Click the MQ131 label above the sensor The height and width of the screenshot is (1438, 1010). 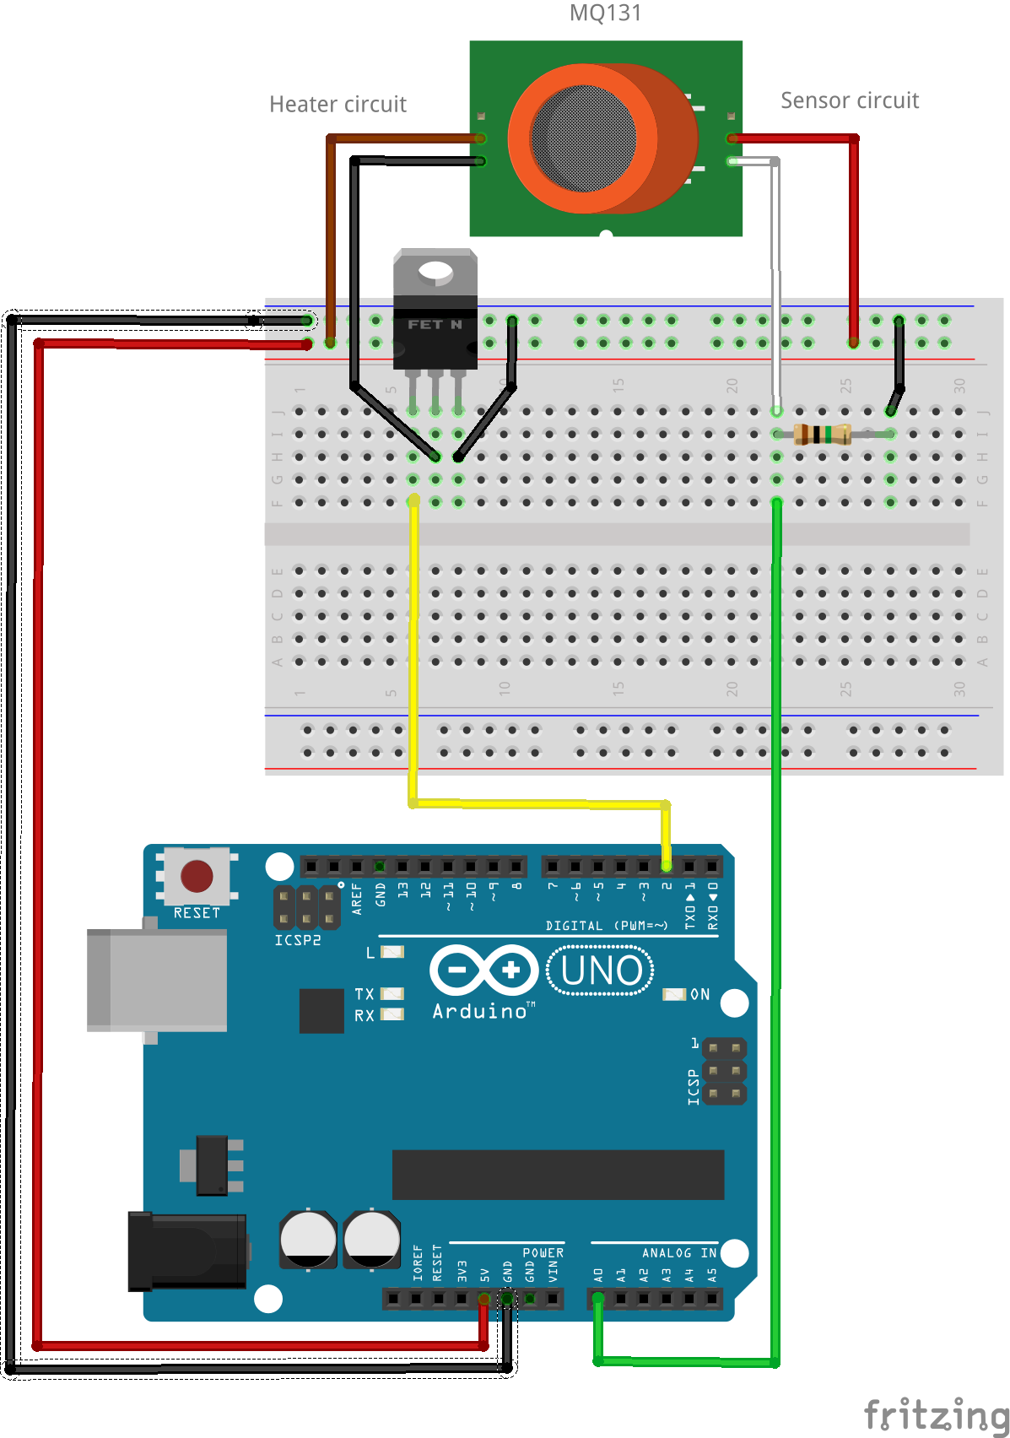tap(605, 14)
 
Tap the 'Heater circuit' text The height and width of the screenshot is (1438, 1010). tap(338, 105)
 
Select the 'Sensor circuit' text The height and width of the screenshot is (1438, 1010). tap(849, 100)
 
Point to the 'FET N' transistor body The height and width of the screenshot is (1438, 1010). tap(435, 326)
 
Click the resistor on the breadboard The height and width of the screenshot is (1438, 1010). tap(822, 435)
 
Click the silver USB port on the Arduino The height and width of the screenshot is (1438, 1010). tap(157, 981)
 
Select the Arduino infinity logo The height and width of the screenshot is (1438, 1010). tap(483, 970)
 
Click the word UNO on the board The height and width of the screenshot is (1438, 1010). tap(601, 971)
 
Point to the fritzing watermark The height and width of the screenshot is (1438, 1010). tap(935, 1414)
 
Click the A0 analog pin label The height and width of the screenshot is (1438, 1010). tap(598, 1275)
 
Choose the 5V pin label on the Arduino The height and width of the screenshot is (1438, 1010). tap(484, 1274)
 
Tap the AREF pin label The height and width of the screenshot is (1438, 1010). tap(357, 899)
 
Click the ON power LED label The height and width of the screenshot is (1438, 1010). tap(699, 994)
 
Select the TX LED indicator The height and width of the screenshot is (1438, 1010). tap(392, 994)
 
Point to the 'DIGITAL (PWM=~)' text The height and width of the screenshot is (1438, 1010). tap(606, 926)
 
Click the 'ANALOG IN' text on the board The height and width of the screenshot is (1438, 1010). tap(678, 1253)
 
